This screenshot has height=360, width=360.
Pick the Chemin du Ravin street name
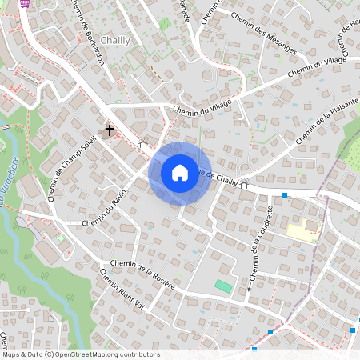tap(106, 210)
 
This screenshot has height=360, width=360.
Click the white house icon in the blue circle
tap(180, 173)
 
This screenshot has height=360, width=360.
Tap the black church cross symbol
tap(110, 129)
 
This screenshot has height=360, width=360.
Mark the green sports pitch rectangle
tap(223, 286)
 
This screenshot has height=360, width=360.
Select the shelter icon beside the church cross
tap(143, 144)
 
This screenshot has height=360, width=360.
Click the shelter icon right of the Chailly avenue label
tap(244, 185)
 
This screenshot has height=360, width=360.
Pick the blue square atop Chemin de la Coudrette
tap(285, 194)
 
